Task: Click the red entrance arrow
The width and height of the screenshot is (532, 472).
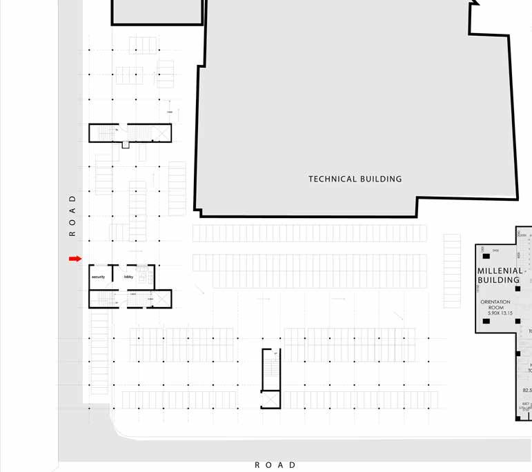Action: (x=75, y=259)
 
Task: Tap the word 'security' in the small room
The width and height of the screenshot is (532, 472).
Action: (x=99, y=277)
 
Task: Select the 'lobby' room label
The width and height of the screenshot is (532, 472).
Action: (x=128, y=277)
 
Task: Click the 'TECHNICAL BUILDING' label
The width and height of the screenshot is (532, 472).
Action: (x=355, y=179)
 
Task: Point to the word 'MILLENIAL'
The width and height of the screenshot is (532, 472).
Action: (x=500, y=271)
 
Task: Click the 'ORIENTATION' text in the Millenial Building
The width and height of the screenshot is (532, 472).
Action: (x=495, y=302)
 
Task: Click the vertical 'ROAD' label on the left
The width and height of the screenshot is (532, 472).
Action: (x=72, y=215)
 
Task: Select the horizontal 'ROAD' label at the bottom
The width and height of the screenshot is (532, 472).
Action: (x=275, y=465)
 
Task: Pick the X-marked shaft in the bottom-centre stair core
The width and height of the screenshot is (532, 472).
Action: (x=270, y=400)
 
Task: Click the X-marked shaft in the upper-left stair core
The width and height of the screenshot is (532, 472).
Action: (x=162, y=132)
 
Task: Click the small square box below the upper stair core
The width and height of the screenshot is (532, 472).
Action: (x=125, y=145)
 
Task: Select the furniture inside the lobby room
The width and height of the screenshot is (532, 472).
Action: (x=143, y=275)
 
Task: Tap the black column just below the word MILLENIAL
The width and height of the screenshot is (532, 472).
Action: (x=518, y=288)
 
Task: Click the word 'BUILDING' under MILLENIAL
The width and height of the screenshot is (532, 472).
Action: (x=498, y=281)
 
